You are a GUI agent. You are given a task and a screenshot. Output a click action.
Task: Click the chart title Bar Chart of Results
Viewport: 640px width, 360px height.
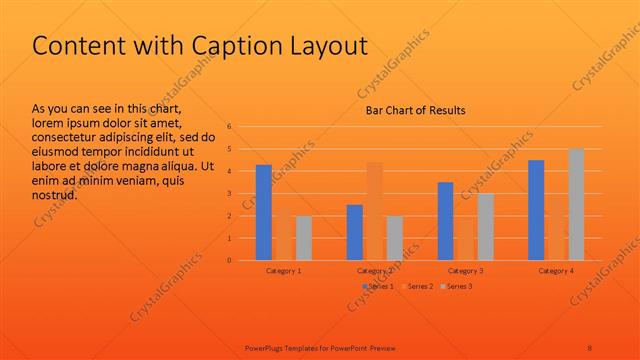point(413,110)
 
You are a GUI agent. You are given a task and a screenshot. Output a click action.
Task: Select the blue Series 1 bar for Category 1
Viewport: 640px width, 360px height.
point(263,212)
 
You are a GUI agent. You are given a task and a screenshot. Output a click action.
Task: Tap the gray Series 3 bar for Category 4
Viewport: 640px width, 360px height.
point(576,204)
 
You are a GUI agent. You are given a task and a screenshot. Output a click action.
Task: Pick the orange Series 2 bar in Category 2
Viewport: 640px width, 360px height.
point(374,211)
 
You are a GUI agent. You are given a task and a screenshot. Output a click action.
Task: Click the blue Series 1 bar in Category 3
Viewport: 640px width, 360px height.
point(445,221)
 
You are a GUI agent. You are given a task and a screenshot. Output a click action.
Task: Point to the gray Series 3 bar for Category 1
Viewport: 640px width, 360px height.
point(303,238)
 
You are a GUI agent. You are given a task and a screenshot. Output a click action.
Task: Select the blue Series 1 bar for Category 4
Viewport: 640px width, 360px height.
point(536,210)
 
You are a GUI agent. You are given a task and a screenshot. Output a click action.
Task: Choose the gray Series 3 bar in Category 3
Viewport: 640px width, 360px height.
point(485,227)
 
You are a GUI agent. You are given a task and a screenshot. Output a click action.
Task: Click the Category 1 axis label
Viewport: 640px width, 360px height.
point(284,271)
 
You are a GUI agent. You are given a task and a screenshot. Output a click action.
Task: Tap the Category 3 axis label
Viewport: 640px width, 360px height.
point(465,271)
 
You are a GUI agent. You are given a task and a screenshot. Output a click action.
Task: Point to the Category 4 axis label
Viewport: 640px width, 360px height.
point(556,271)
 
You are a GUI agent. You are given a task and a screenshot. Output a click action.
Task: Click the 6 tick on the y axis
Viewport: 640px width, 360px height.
point(229,127)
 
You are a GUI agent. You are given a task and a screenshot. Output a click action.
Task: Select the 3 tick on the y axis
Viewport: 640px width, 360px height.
point(229,194)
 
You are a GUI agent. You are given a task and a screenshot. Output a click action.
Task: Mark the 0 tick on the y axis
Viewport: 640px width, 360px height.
point(229,260)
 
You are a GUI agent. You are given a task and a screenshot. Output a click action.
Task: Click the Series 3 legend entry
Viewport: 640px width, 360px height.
point(458,287)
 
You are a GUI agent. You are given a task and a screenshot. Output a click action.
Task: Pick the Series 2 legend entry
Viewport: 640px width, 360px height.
point(418,287)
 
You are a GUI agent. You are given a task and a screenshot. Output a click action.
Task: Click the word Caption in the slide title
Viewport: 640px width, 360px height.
point(232,46)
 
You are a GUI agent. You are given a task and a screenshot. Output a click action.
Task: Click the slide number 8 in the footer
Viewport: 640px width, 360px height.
point(590,347)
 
